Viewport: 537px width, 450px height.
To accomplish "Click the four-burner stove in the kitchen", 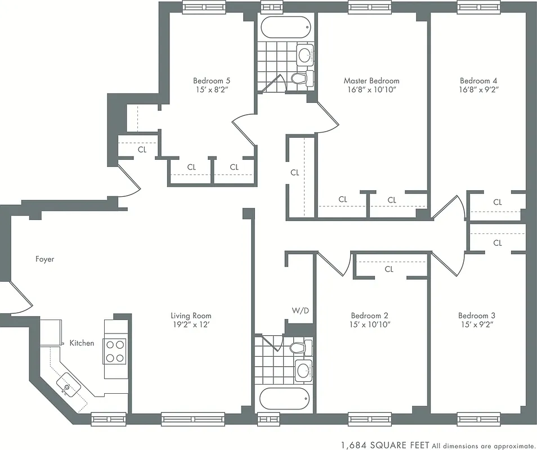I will coord(115,351).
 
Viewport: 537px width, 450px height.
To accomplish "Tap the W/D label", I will coord(299,310).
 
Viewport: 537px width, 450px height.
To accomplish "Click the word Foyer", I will coord(44,259).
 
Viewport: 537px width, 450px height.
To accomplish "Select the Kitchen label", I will coord(82,343).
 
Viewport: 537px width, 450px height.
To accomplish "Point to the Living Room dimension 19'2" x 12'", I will coord(191,325).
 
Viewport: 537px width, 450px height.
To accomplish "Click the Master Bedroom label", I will coord(372,80).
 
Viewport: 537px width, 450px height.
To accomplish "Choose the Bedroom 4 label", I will coord(478,80).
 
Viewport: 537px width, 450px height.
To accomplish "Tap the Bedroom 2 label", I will coord(369,316).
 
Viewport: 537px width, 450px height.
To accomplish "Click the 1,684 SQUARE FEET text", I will coord(385,444).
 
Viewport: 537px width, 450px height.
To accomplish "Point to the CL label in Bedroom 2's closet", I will coord(389,269).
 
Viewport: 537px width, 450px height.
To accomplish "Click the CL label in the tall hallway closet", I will coord(295,173).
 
